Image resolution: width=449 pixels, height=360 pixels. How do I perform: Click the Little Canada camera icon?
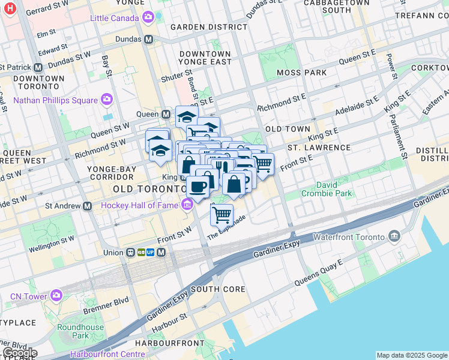pos(148,18)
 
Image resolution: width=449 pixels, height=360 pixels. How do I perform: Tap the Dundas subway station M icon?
pos(148,39)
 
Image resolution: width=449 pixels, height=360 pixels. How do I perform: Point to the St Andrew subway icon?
pos(88,206)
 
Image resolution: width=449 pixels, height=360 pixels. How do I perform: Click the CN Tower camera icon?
pos(56,296)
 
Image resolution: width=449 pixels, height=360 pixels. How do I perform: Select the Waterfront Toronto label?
pos(355,236)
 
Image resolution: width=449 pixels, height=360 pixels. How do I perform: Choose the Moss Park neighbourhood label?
pos(302,73)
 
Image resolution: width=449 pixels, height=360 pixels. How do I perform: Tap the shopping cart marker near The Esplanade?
pos(222,214)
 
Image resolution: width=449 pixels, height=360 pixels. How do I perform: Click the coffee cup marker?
pos(197,187)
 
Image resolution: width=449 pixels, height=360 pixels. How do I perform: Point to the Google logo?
pos(20,353)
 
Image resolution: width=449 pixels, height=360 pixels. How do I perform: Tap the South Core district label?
pos(218,289)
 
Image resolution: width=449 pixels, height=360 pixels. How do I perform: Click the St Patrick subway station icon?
pos(38,68)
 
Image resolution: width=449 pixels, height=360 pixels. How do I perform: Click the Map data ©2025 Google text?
pos(412,355)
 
